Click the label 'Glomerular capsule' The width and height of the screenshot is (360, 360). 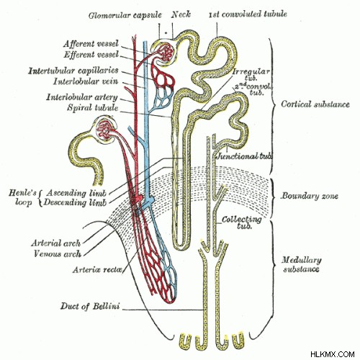pos(125,16)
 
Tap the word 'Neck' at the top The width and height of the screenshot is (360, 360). pos(181,14)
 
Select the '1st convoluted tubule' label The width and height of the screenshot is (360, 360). pos(248,14)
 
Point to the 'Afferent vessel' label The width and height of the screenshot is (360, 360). pos(91,44)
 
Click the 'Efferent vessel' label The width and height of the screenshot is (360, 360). pos(91,55)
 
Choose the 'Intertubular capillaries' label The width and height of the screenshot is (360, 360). pos(73,71)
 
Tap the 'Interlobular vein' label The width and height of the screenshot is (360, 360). pos(86,81)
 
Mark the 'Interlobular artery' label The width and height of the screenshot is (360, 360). pos(82,97)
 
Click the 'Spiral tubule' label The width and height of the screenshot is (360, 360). pos(93,108)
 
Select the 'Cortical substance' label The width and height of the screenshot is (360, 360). pos(315,104)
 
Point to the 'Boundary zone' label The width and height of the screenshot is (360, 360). pos(310,196)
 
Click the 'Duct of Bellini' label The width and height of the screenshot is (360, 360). pos(90,306)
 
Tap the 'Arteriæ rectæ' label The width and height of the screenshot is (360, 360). pos(98,270)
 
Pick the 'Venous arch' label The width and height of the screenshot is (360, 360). pos(58,253)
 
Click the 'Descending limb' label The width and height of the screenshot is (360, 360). pos(75,202)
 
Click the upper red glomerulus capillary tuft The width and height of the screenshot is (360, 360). pos(165,53)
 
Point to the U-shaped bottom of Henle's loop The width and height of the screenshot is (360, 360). pos(181,246)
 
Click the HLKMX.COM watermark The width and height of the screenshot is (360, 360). pos(333,354)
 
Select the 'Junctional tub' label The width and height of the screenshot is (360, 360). pos(244,156)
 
